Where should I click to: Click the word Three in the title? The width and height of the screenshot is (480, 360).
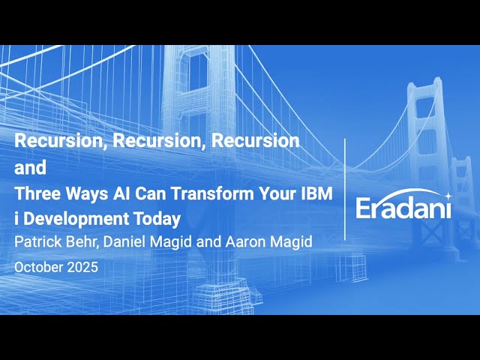coord(36,192)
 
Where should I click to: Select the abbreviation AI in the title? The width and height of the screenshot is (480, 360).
coord(118,192)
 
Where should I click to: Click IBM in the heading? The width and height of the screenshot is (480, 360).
coord(317,192)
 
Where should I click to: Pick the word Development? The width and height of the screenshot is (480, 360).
coord(70,219)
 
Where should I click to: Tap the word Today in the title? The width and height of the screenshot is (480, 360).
coord(154,219)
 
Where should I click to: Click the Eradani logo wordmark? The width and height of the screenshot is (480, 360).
coord(402,207)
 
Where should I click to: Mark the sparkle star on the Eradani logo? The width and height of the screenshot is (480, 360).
coord(448,195)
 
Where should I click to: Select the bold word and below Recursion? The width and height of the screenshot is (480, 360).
coord(30,166)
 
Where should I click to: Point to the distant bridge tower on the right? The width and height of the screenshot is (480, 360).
coord(427,120)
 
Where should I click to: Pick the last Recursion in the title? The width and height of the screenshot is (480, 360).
coord(256,141)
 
